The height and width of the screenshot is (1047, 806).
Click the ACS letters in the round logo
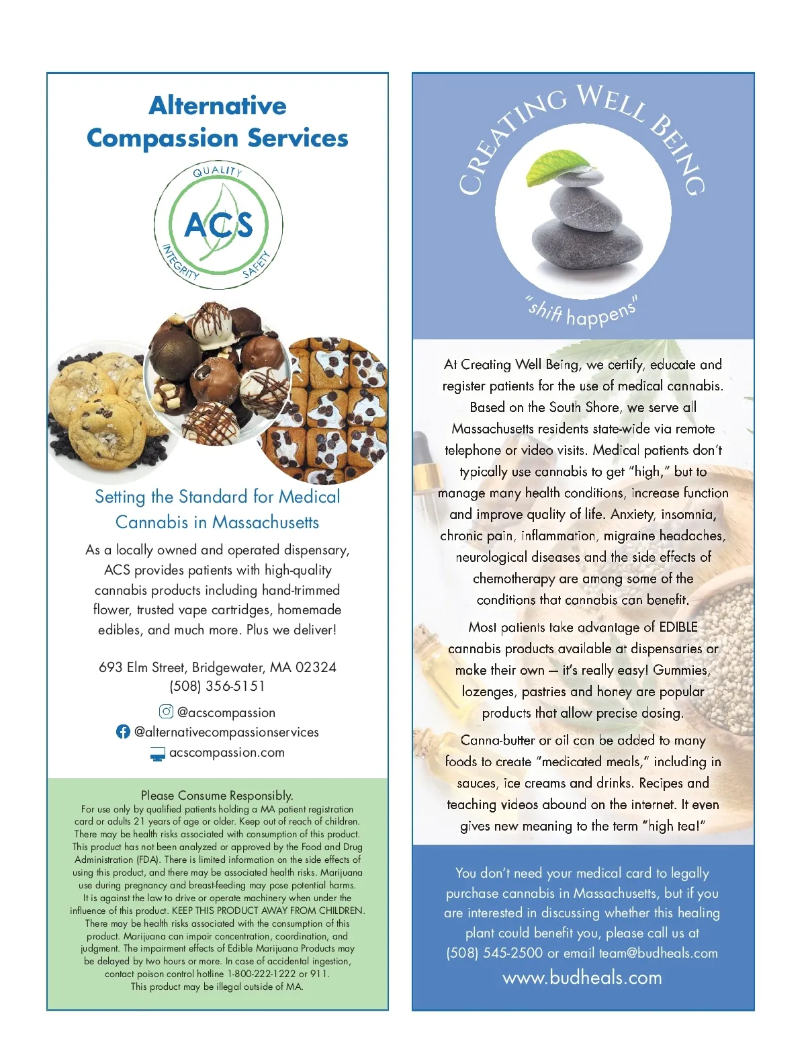(x=218, y=224)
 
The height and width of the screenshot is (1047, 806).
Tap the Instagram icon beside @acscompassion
(x=166, y=712)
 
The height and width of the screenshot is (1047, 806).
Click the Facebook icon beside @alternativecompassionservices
(x=123, y=732)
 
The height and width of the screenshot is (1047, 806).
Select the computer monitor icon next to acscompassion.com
(x=157, y=754)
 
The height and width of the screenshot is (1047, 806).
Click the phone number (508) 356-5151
(x=217, y=686)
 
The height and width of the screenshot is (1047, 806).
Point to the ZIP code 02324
(x=316, y=667)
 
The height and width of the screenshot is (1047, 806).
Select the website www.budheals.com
(x=582, y=977)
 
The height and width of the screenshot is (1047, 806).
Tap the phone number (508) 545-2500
(x=494, y=953)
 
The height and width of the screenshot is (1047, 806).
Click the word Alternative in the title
(x=218, y=106)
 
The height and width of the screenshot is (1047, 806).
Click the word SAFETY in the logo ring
(x=257, y=265)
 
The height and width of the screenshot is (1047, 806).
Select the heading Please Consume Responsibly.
(x=217, y=796)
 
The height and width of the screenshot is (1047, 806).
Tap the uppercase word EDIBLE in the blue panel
(x=678, y=627)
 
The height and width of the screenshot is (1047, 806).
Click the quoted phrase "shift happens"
(x=582, y=311)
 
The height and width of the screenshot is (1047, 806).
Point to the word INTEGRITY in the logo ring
(x=179, y=263)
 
